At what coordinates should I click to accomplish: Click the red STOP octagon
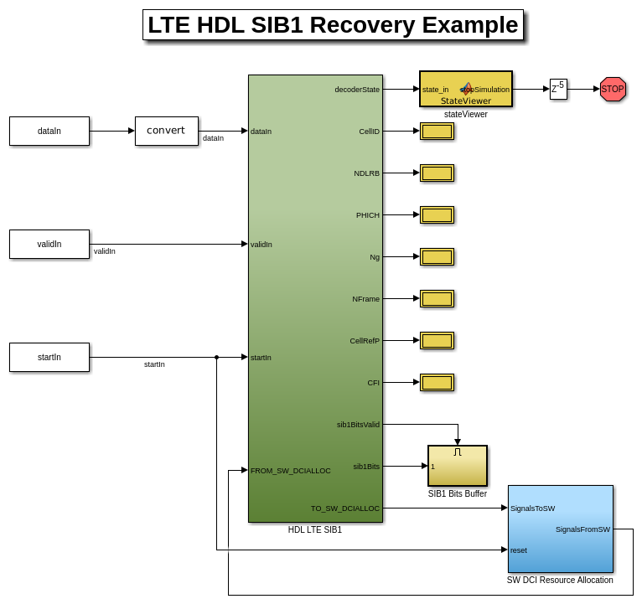pos(613,89)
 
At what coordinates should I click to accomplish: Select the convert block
pos(167,131)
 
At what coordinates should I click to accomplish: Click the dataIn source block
pos(49,131)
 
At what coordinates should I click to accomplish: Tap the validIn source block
pos(49,244)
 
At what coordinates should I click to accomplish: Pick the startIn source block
pos(49,357)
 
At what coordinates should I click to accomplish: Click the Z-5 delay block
pos(558,89)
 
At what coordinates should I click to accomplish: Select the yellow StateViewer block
pos(466,89)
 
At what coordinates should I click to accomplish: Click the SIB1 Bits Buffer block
pos(458,466)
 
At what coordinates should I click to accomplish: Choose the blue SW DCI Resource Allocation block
pos(560,529)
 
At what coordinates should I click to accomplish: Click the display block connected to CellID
pos(437,131)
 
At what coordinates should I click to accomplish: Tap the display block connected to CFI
pos(437,382)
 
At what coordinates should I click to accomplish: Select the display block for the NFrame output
pos(437,298)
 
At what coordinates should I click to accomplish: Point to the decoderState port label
pos(357,90)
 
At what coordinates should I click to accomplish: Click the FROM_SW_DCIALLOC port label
pos(291,471)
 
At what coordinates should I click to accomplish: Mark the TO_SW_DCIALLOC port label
pos(345,508)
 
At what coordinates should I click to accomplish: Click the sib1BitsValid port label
pos(358,425)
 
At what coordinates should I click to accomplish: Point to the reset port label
pos(519,550)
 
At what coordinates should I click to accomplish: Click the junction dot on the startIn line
pos(216,357)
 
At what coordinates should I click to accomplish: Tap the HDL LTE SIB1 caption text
pos(315,529)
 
